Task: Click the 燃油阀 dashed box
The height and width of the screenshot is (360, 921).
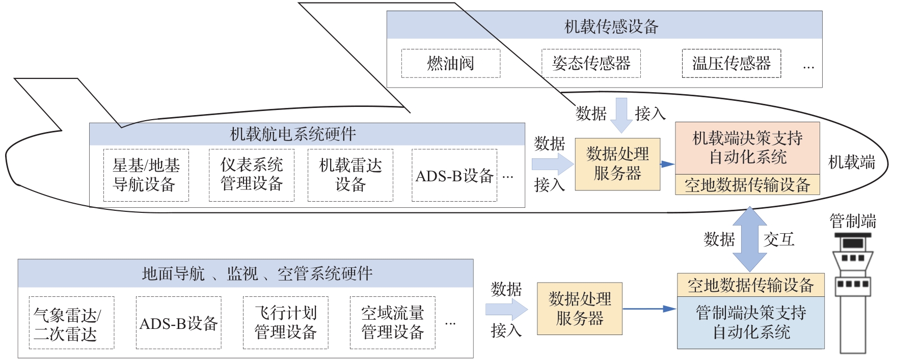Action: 450,63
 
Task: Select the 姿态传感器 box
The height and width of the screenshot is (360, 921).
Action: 590,63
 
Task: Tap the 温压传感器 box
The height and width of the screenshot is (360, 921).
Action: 731,63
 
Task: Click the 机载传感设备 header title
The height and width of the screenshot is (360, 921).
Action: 611,26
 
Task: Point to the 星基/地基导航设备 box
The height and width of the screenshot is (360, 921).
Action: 146,175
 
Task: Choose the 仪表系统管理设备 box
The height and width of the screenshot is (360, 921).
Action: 251,175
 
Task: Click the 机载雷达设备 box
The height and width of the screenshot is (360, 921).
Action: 350,175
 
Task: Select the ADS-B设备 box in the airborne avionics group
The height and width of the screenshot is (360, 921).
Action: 454,176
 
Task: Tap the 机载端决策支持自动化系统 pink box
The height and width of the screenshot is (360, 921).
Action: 747,148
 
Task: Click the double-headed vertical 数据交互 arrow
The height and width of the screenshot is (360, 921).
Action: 749,239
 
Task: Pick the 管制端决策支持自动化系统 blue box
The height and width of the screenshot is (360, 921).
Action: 750,322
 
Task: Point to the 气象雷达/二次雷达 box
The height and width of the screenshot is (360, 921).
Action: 71,323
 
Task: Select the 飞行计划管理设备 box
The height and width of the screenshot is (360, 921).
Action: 285,323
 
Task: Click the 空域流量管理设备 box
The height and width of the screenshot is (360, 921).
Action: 392,323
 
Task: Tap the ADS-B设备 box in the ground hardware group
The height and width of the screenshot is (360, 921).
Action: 178,323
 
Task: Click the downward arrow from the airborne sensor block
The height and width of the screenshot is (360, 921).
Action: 621,114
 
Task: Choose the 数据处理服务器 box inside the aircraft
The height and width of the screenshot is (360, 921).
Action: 617,164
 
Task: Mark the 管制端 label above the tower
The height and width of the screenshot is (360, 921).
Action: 853,221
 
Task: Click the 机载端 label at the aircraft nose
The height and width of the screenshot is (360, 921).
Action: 851,162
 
